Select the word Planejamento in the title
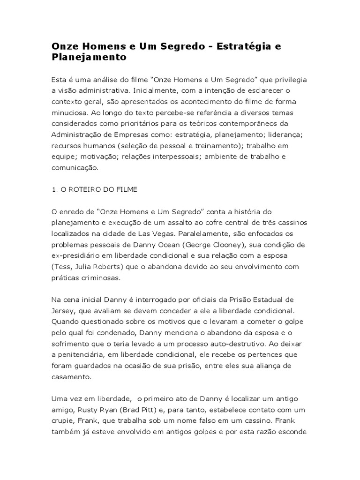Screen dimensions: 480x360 [89, 58]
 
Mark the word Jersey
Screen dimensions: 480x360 [62, 310]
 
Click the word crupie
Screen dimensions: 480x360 [63, 421]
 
